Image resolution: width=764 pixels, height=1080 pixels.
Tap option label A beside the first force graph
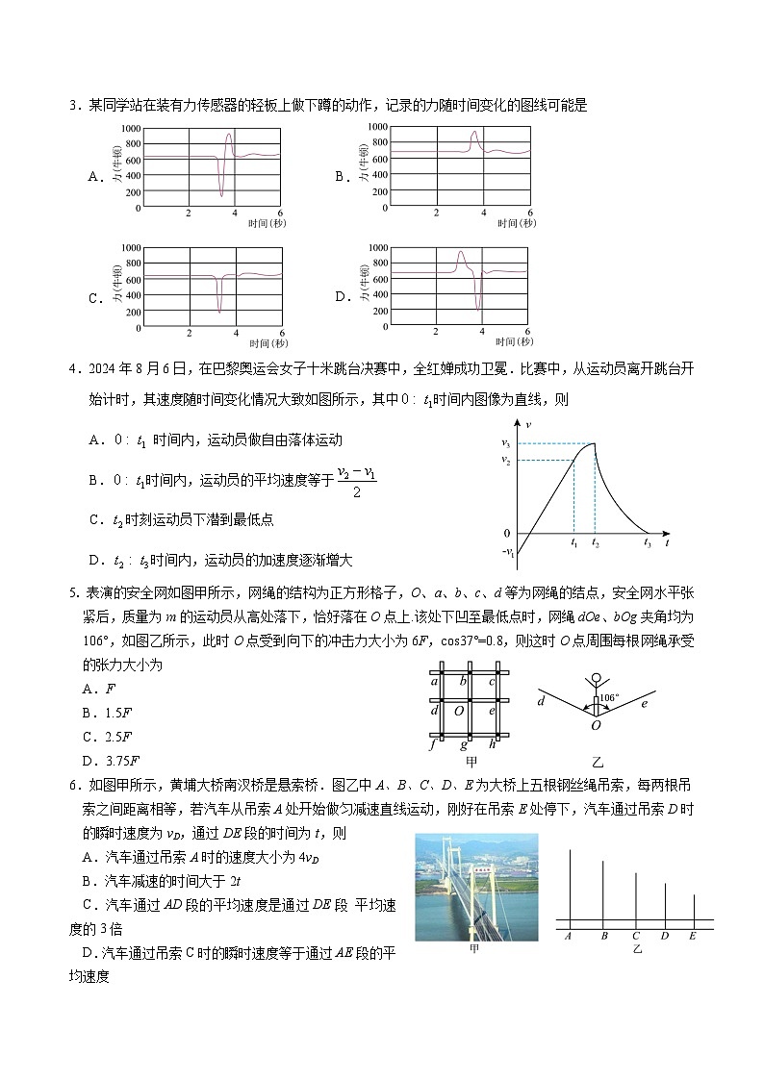(94, 177)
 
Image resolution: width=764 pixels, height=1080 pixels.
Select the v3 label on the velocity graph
(505, 442)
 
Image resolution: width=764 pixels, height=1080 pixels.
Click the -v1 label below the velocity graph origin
(508, 553)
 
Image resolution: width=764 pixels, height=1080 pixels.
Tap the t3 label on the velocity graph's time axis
(648, 543)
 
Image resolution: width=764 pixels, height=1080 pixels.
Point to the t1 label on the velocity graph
(573, 543)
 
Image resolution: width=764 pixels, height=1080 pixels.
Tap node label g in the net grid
(464, 744)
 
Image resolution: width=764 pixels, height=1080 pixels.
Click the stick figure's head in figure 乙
(596, 676)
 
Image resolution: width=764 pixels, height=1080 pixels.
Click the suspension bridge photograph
(476, 887)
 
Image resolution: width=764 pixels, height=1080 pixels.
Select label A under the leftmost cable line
(569, 936)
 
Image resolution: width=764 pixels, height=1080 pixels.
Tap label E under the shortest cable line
(693, 936)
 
